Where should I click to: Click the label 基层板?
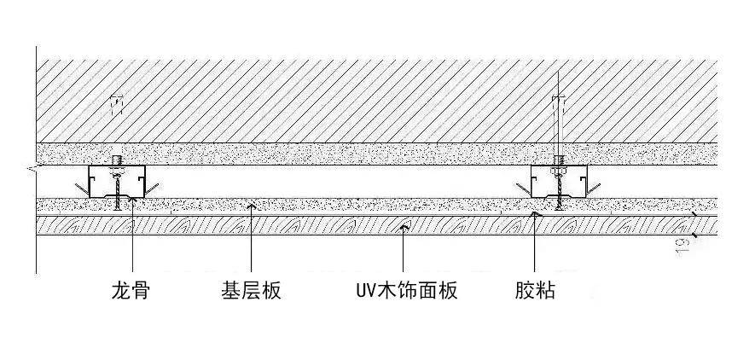251,292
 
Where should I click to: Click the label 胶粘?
535,292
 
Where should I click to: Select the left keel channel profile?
117,183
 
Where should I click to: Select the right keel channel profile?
558,183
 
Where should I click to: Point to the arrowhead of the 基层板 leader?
251,206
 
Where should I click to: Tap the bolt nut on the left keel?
117,161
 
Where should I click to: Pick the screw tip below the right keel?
558,205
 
